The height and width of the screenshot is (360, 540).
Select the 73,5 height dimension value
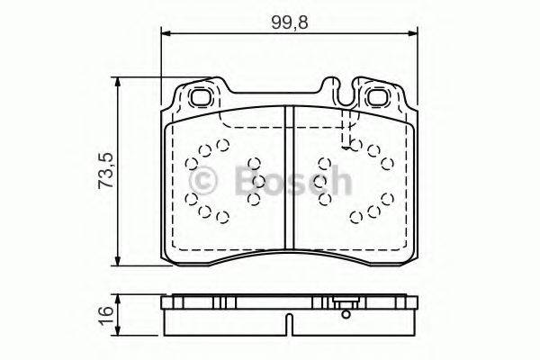click(105, 171)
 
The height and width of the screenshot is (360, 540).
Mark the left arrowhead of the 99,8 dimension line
click(165, 35)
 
